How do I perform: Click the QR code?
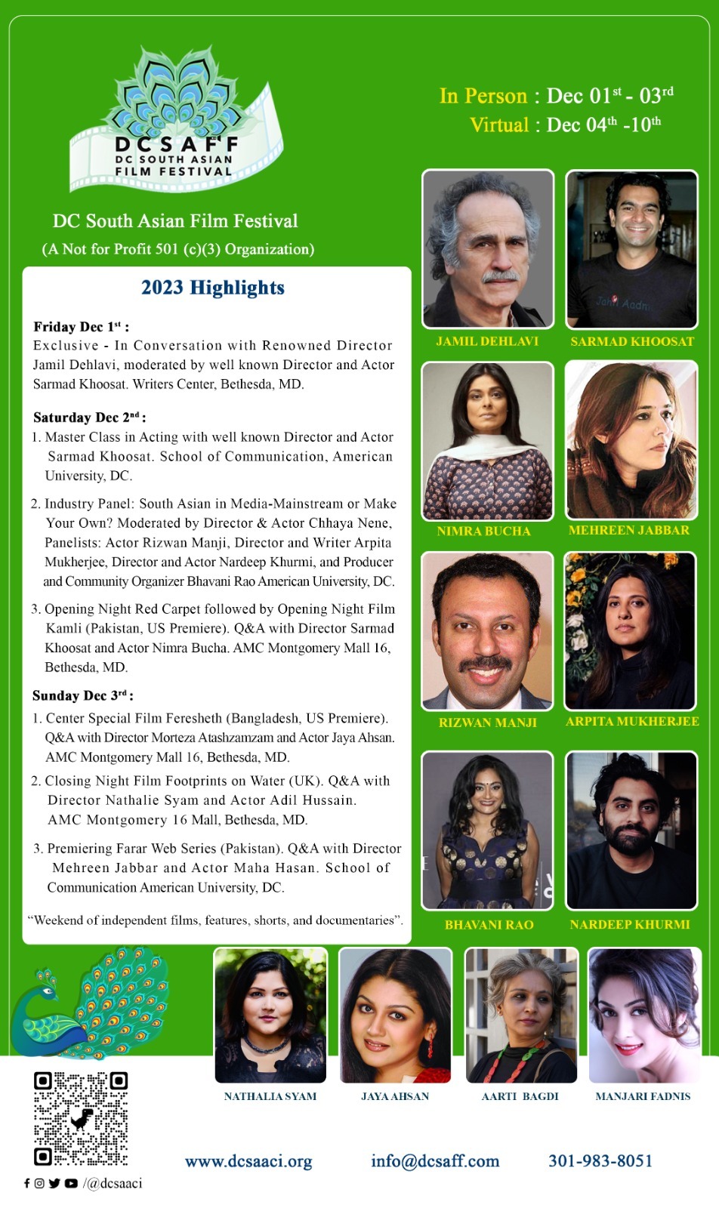[x=80, y=1118]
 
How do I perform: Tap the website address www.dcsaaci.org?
[x=248, y=1160]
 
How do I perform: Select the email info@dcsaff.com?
[x=435, y=1160]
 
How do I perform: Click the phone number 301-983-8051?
[x=600, y=1160]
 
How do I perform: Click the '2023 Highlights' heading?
[x=213, y=288]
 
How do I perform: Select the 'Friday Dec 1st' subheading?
[x=81, y=327]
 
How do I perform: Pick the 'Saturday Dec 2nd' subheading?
[x=89, y=418]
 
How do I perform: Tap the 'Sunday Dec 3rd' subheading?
[x=82, y=695]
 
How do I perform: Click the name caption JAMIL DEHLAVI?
[x=487, y=341]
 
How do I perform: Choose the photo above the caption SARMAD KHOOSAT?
[x=631, y=249]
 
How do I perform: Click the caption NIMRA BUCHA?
[x=483, y=531]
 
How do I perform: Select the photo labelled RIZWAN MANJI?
[x=487, y=630]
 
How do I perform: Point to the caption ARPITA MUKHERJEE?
[x=632, y=721]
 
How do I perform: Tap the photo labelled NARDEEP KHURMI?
[x=631, y=830]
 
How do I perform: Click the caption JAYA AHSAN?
[x=395, y=1096]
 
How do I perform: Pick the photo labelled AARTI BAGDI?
[x=521, y=1015]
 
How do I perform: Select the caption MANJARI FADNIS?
[x=643, y=1096]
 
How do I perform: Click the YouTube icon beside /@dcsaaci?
[x=71, y=1183]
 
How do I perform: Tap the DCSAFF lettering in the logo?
[x=177, y=144]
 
